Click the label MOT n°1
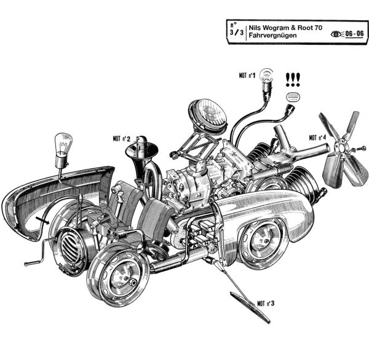[247, 76]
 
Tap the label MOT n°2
[121, 139]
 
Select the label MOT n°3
[266, 303]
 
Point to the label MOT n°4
[317, 138]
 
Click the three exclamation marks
[293, 79]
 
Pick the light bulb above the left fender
[61, 146]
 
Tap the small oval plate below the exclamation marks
[293, 96]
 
